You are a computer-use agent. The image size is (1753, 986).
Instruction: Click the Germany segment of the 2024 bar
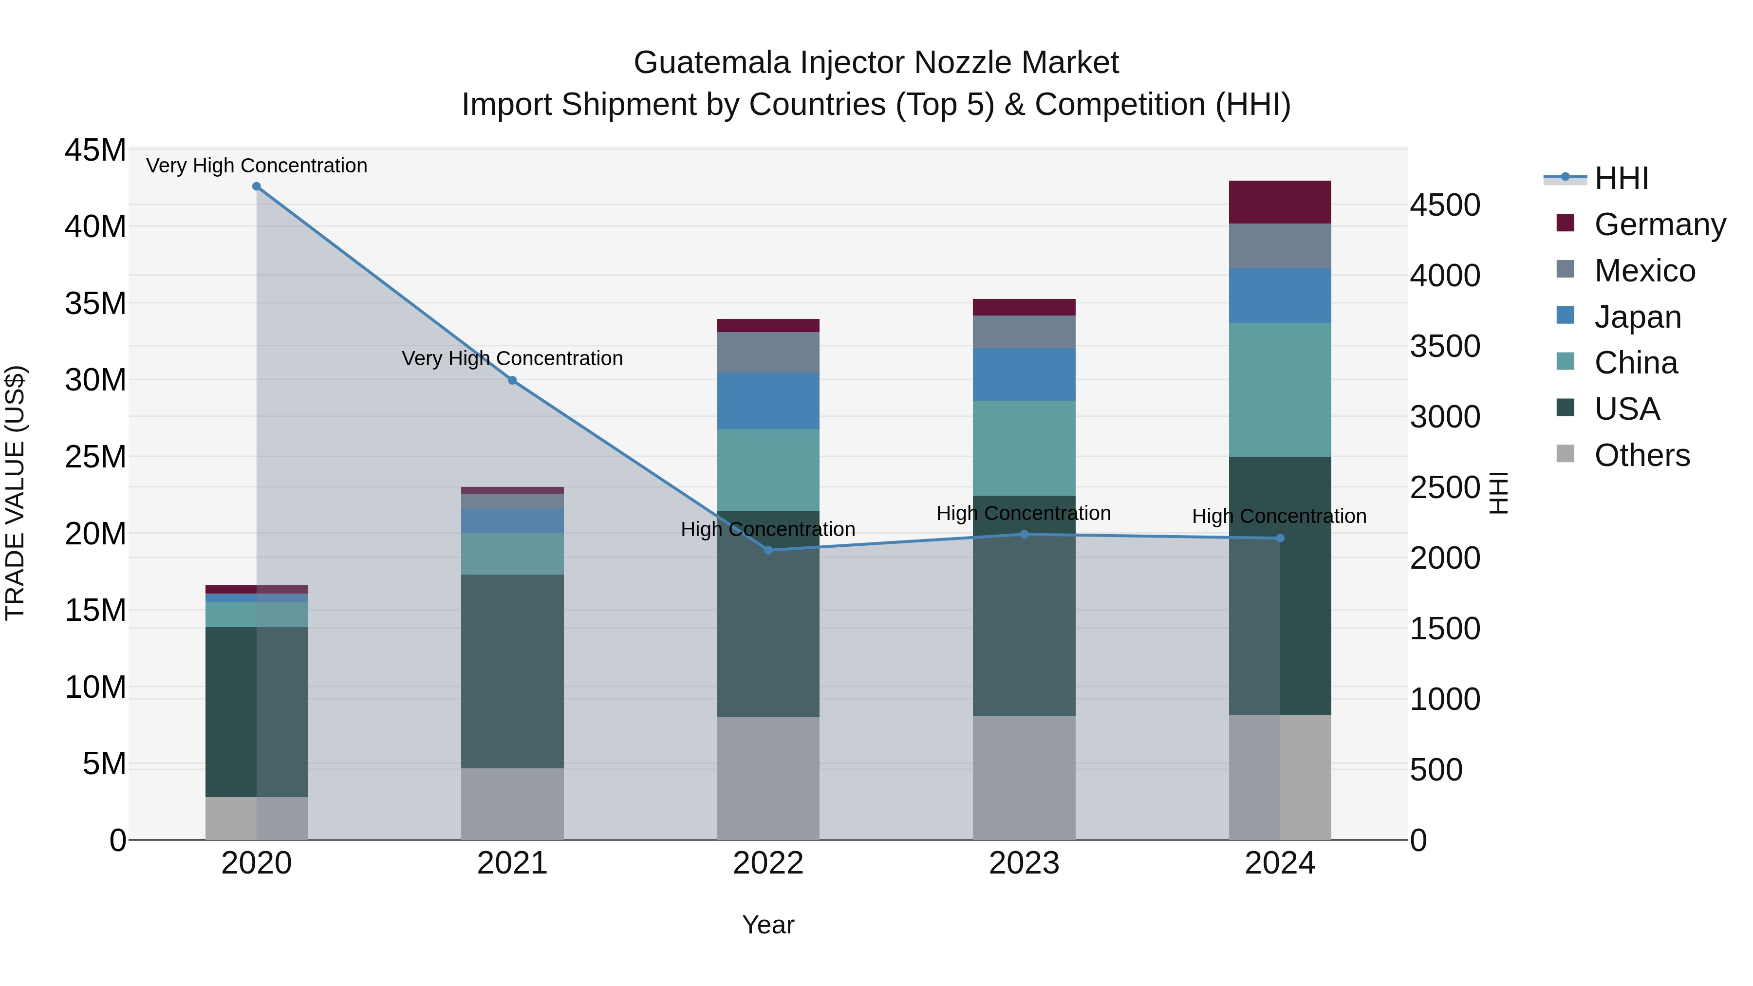[x=1279, y=202]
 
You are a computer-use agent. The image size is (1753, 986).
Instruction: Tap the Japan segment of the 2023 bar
[x=1024, y=374]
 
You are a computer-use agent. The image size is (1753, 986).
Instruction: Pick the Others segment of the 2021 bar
[x=512, y=803]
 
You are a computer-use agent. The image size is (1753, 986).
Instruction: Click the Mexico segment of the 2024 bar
[x=1279, y=246]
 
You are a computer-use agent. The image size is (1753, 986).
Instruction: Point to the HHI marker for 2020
[x=257, y=186]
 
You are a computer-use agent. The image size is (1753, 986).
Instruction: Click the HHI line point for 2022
[x=768, y=550]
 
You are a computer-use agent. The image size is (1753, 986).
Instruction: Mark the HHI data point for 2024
[x=1279, y=538]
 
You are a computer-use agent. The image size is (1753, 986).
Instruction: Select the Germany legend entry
[x=1659, y=224]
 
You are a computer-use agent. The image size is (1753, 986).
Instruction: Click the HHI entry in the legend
[x=1620, y=178]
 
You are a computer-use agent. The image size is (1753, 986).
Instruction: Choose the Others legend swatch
[x=1565, y=454]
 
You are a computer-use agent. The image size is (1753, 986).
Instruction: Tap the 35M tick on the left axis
[x=95, y=303]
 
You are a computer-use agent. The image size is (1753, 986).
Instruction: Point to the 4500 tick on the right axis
[x=1444, y=205]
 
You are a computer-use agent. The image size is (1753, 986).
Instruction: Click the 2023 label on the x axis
[x=1024, y=863]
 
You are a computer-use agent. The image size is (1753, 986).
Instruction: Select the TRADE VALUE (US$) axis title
[x=15, y=493]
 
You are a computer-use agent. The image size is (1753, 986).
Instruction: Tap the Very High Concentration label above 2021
[x=512, y=358]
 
